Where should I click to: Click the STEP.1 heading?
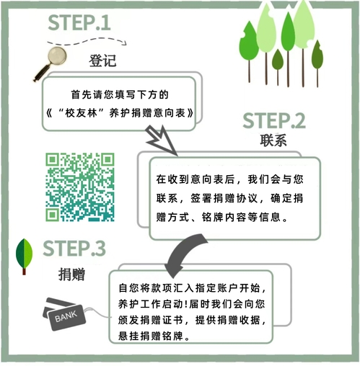(x=79, y=22)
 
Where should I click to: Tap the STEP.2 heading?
(x=274, y=120)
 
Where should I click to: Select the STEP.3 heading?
(x=74, y=248)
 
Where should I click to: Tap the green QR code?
(x=80, y=187)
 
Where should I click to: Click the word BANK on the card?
(x=66, y=316)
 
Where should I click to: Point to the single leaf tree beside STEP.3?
(x=24, y=256)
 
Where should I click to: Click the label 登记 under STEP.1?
(x=102, y=61)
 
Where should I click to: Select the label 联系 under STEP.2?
(x=273, y=140)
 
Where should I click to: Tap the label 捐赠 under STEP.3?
(x=71, y=274)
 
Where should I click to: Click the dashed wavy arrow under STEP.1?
(x=87, y=42)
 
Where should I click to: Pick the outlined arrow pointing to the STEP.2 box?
(x=162, y=140)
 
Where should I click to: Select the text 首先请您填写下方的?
(x=120, y=94)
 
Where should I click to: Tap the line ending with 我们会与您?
(x=229, y=179)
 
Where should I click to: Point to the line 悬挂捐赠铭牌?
(x=154, y=336)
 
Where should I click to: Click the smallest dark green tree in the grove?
(x=278, y=67)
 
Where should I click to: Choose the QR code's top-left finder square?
(x=53, y=160)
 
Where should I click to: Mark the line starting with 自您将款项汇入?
(x=192, y=288)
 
